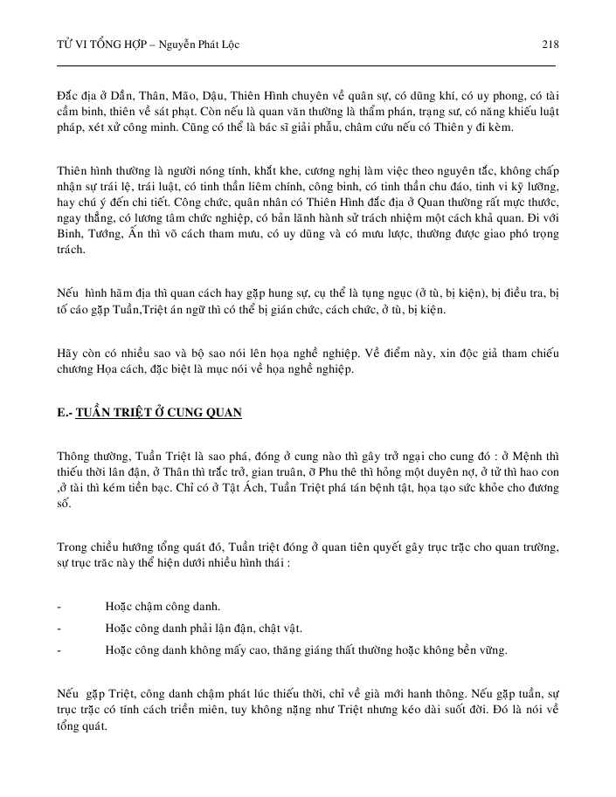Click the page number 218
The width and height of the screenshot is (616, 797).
(550, 45)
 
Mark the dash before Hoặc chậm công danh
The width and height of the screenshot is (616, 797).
(58, 606)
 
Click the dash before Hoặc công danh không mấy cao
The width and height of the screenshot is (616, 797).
(58, 650)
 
